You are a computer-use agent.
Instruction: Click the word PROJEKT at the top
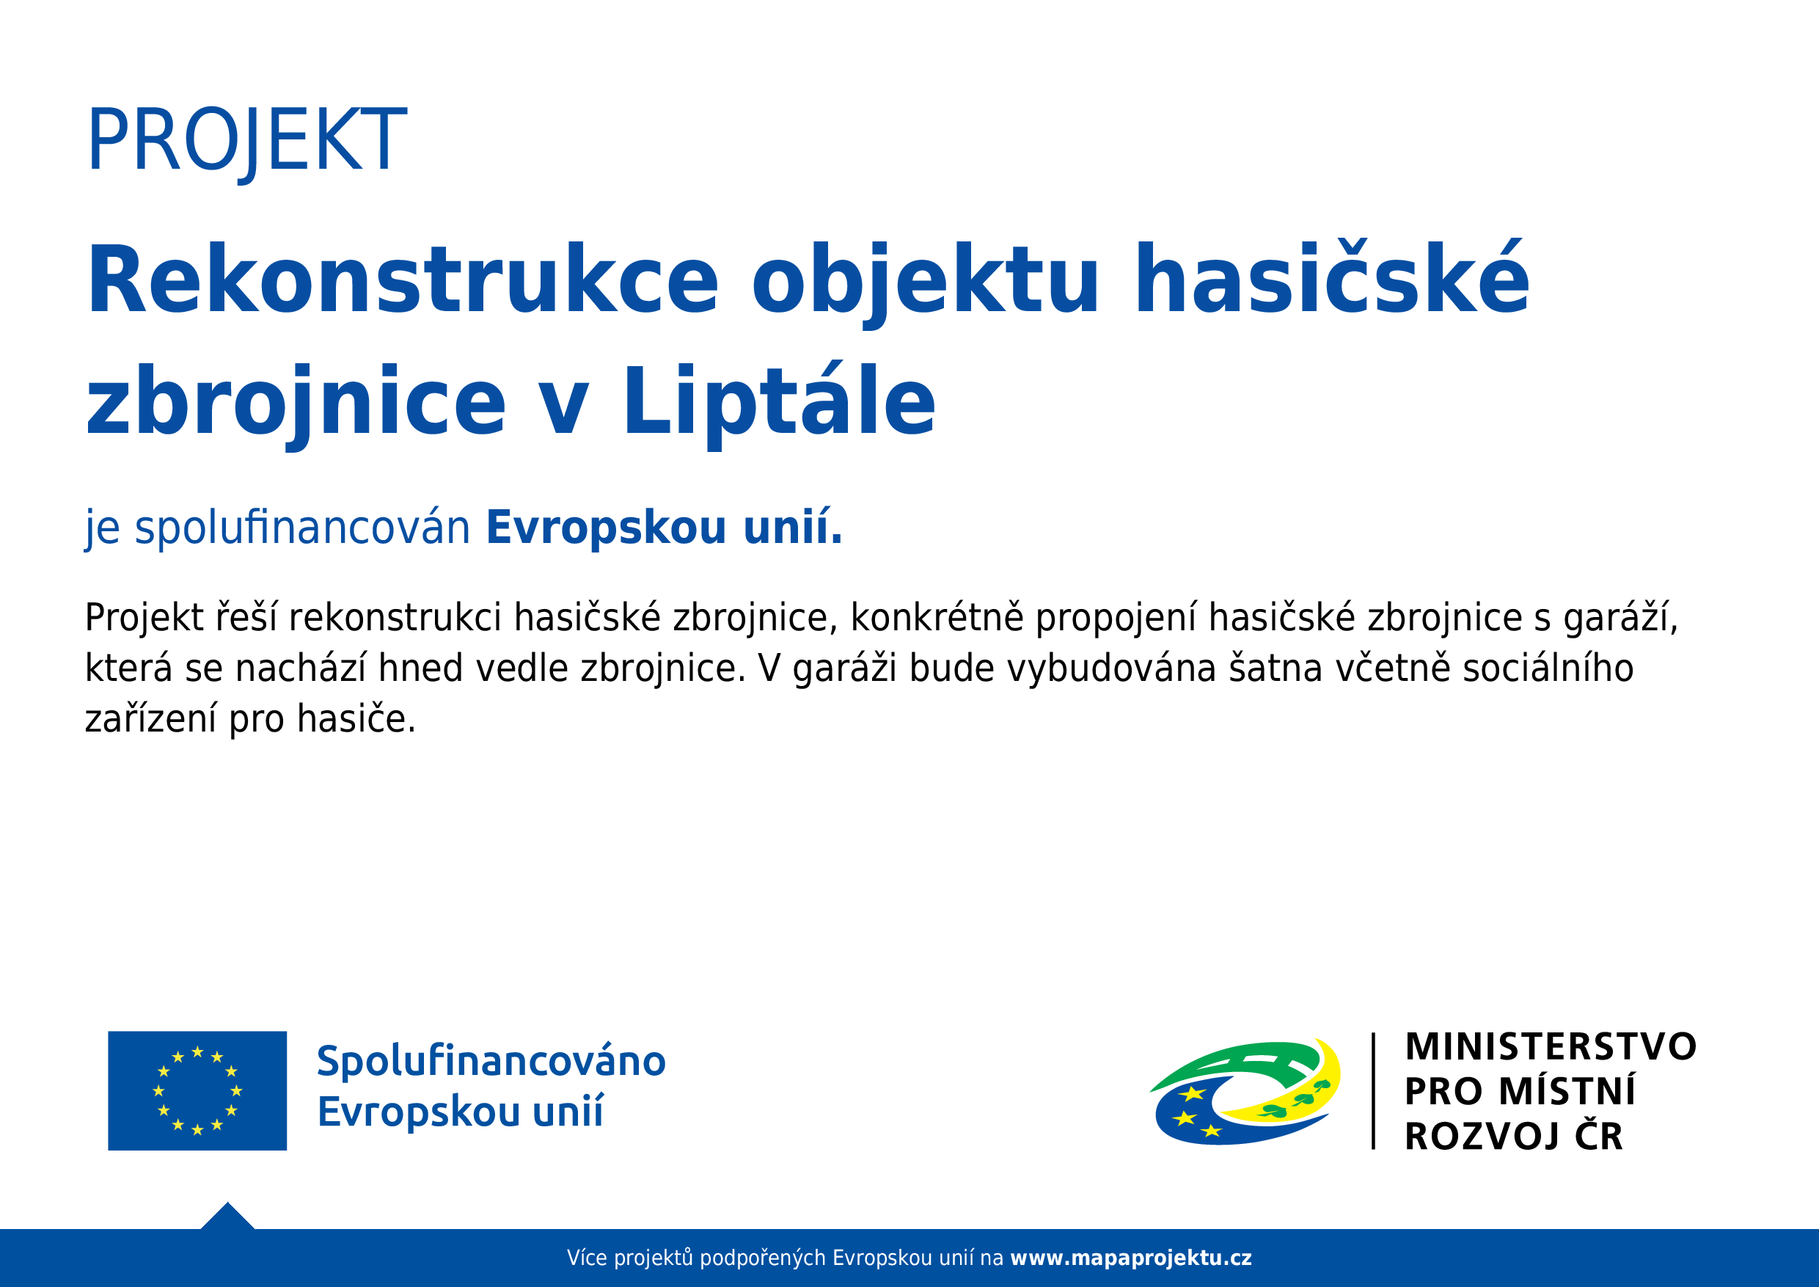pos(246,141)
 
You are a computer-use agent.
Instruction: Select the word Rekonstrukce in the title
pos(403,281)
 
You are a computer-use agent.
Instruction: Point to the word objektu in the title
pos(925,284)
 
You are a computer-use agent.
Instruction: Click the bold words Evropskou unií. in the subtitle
pos(664,528)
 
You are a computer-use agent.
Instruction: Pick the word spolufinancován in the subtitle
pos(302,528)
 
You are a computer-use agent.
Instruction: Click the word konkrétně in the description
pos(937,617)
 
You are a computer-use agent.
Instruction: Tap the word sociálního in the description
pos(1548,668)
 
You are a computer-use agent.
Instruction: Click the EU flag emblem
pos(197,1090)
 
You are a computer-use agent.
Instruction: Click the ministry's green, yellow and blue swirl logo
pos(1245,1091)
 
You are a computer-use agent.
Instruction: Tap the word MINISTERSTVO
pos(1551,1047)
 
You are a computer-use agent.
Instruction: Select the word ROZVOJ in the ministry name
pos(1482,1137)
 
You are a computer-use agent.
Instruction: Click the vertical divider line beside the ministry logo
pos(1373,1090)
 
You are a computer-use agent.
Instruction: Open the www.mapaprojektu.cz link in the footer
pos(1131,1258)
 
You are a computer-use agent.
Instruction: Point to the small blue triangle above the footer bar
pos(227,1217)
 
